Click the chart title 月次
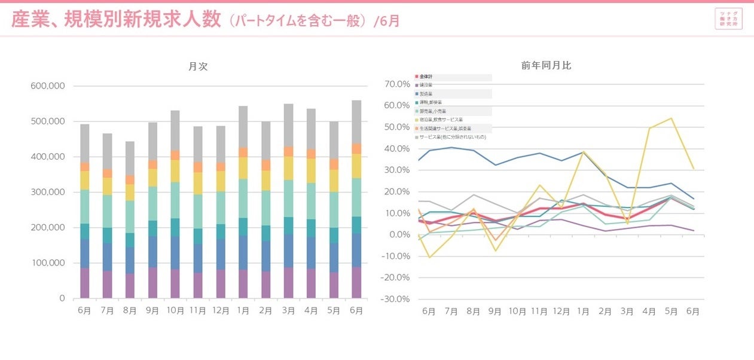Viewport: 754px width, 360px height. point(198,66)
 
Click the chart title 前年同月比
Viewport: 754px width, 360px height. point(546,65)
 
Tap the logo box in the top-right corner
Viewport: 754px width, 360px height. point(728,19)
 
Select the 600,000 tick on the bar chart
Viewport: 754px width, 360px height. point(47,86)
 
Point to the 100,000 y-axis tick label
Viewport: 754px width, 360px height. point(47,263)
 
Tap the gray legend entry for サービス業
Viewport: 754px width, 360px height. point(451,137)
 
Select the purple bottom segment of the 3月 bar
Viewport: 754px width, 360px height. point(289,282)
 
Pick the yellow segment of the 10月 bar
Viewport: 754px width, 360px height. point(175,171)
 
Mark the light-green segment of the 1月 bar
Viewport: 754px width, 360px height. point(243,199)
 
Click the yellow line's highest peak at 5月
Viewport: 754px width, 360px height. point(671,118)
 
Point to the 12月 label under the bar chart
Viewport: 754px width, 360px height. point(221,312)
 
